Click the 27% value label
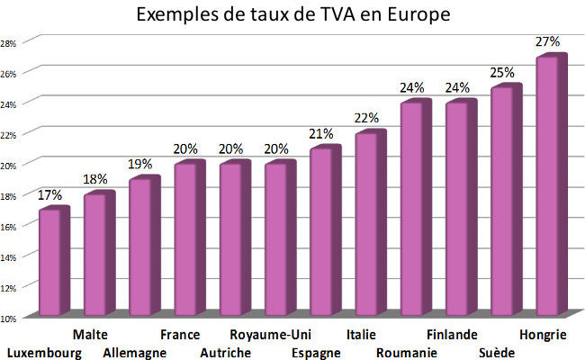tap(548, 41)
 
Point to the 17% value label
tap(51, 193)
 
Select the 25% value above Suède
tap(503, 72)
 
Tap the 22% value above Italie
tap(367, 119)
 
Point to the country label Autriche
tap(225, 353)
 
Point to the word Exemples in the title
tap(177, 15)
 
